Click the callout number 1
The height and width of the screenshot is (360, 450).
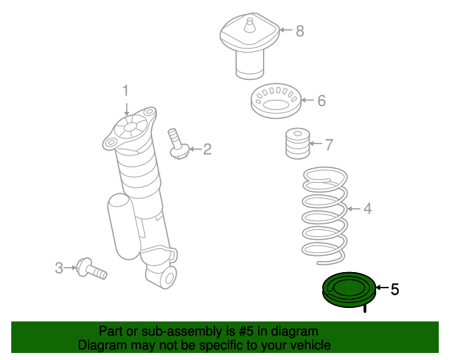(x=127, y=91)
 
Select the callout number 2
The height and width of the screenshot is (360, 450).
(x=207, y=148)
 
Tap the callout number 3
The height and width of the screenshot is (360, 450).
(x=59, y=267)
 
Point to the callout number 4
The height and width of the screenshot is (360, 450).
(x=367, y=208)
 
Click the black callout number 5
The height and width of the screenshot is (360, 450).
(x=394, y=288)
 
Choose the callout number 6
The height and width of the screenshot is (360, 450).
(x=321, y=101)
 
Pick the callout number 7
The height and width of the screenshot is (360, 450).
(x=328, y=145)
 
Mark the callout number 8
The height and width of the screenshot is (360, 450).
(x=300, y=30)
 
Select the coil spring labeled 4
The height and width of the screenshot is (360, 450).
(x=323, y=211)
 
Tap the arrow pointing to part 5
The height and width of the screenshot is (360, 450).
(x=381, y=288)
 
